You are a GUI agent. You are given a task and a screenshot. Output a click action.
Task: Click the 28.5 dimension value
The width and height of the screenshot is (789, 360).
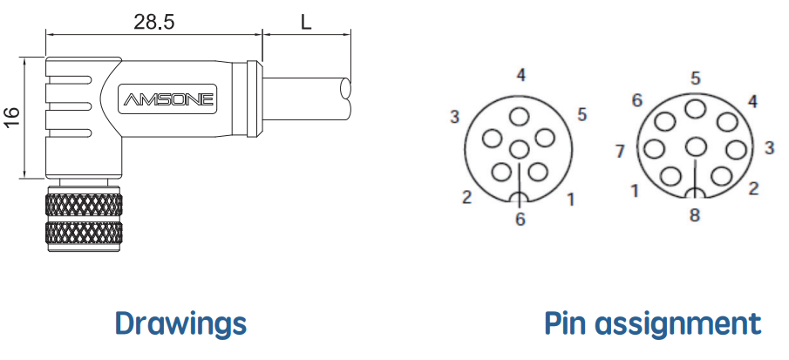pos(154,22)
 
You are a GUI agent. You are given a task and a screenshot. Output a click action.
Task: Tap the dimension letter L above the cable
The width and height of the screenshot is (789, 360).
pos(306,22)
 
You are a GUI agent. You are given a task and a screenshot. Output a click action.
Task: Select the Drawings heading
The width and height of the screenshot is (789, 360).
pos(180,323)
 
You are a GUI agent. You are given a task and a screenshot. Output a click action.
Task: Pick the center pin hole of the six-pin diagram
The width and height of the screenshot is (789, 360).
pos(519,149)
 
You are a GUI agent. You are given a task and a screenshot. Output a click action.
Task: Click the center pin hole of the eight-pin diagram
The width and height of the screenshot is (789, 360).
pos(696,146)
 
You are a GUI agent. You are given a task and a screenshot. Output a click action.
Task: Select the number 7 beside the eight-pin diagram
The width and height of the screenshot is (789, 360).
pos(620,151)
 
